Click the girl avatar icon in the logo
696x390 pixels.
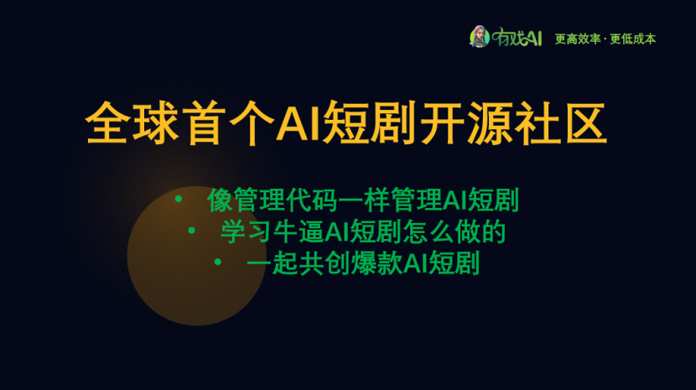(480, 36)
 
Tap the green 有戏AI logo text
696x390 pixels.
(517, 37)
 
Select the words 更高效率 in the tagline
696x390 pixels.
(578, 39)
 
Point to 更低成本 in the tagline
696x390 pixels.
(633, 39)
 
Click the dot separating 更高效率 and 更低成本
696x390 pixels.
(605, 39)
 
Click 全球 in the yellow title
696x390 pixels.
(132, 123)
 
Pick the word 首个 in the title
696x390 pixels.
(231, 123)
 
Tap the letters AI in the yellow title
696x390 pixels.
(299, 122)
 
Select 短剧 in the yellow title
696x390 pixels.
(368, 123)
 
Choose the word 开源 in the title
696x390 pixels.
(465, 123)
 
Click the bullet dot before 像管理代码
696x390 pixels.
(179, 199)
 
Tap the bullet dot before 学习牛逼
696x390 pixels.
(192, 231)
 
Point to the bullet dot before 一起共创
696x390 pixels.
(217, 262)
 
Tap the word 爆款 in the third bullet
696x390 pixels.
(377, 263)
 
